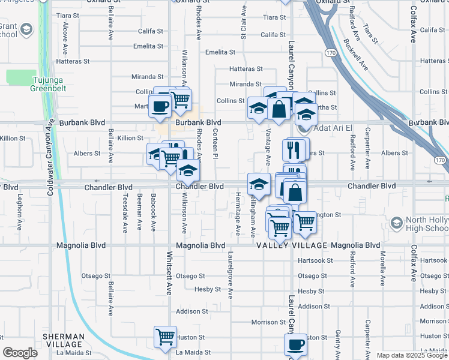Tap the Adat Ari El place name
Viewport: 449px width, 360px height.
(331, 128)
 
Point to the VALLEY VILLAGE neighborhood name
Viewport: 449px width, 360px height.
(292, 245)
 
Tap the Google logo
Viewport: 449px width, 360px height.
(20, 353)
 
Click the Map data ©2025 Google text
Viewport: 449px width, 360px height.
(412, 355)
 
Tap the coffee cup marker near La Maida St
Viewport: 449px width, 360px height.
(295, 344)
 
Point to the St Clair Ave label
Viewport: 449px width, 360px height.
(244, 23)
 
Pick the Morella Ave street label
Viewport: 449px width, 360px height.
(382, 268)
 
